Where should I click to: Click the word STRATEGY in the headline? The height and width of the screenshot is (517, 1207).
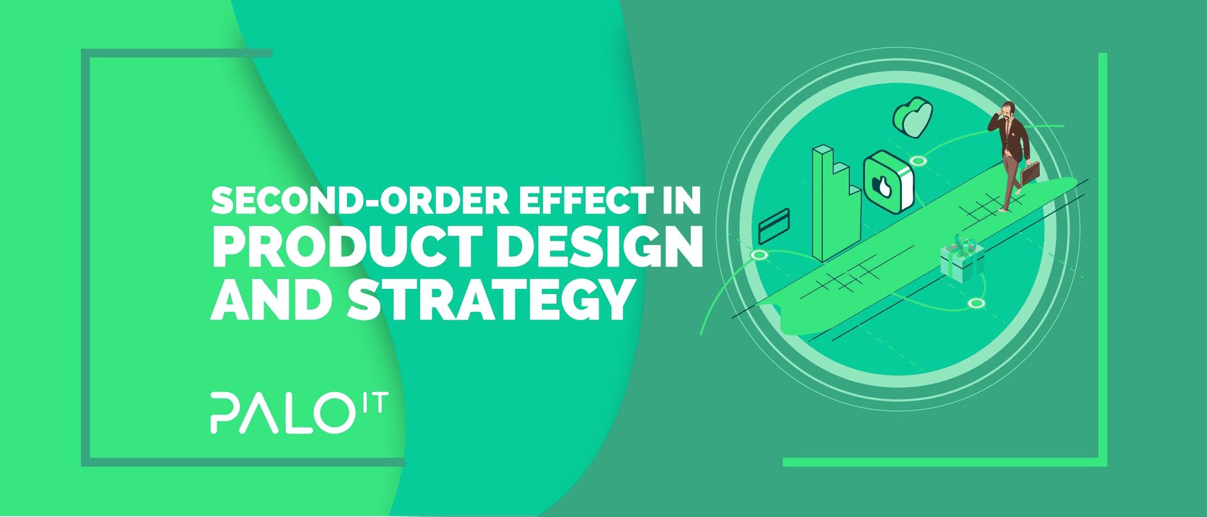(x=490, y=299)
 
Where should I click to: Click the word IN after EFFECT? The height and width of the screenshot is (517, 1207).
(x=681, y=201)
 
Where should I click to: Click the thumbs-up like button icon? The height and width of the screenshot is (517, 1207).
(x=888, y=183)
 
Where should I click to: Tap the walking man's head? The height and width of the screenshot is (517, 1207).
(x=1008, y=111)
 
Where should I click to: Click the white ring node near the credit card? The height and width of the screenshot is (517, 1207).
(x=759, y=254)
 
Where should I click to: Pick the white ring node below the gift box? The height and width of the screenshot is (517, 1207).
(x=976, y=303)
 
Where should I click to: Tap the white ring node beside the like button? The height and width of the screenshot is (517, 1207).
(x=918, y=161)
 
